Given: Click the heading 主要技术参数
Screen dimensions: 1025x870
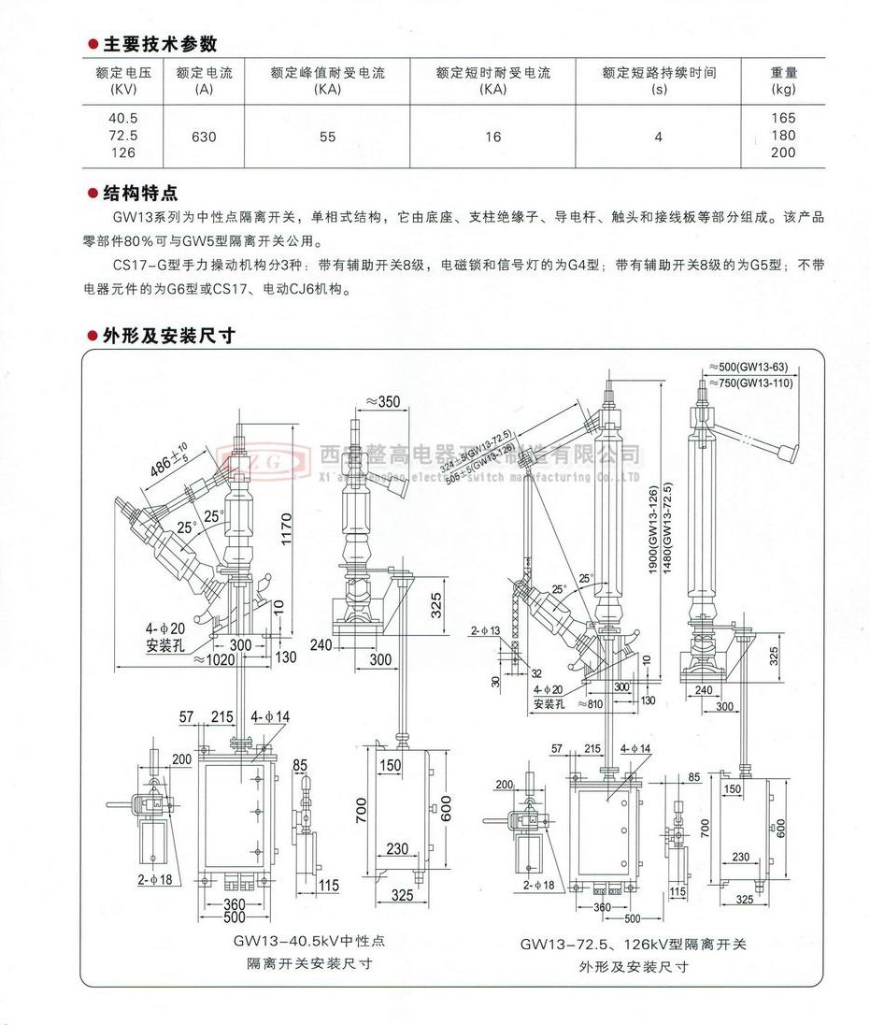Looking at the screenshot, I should [x=160, y=44].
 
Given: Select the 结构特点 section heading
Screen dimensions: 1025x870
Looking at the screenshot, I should [x=140, y=194].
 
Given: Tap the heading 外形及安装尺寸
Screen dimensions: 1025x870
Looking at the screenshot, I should [x=168, y=336].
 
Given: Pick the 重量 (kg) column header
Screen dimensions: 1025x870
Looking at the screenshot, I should [x=783, y=80].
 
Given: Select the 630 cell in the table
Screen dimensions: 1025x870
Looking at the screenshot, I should [x=204, y=137].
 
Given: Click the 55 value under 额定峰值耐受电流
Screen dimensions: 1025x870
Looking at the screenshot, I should [x=327, y=137].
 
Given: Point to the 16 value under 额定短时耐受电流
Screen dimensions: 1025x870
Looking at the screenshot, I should [x=492, y=137].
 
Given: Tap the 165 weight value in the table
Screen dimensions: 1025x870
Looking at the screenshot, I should [x=783, y=119].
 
